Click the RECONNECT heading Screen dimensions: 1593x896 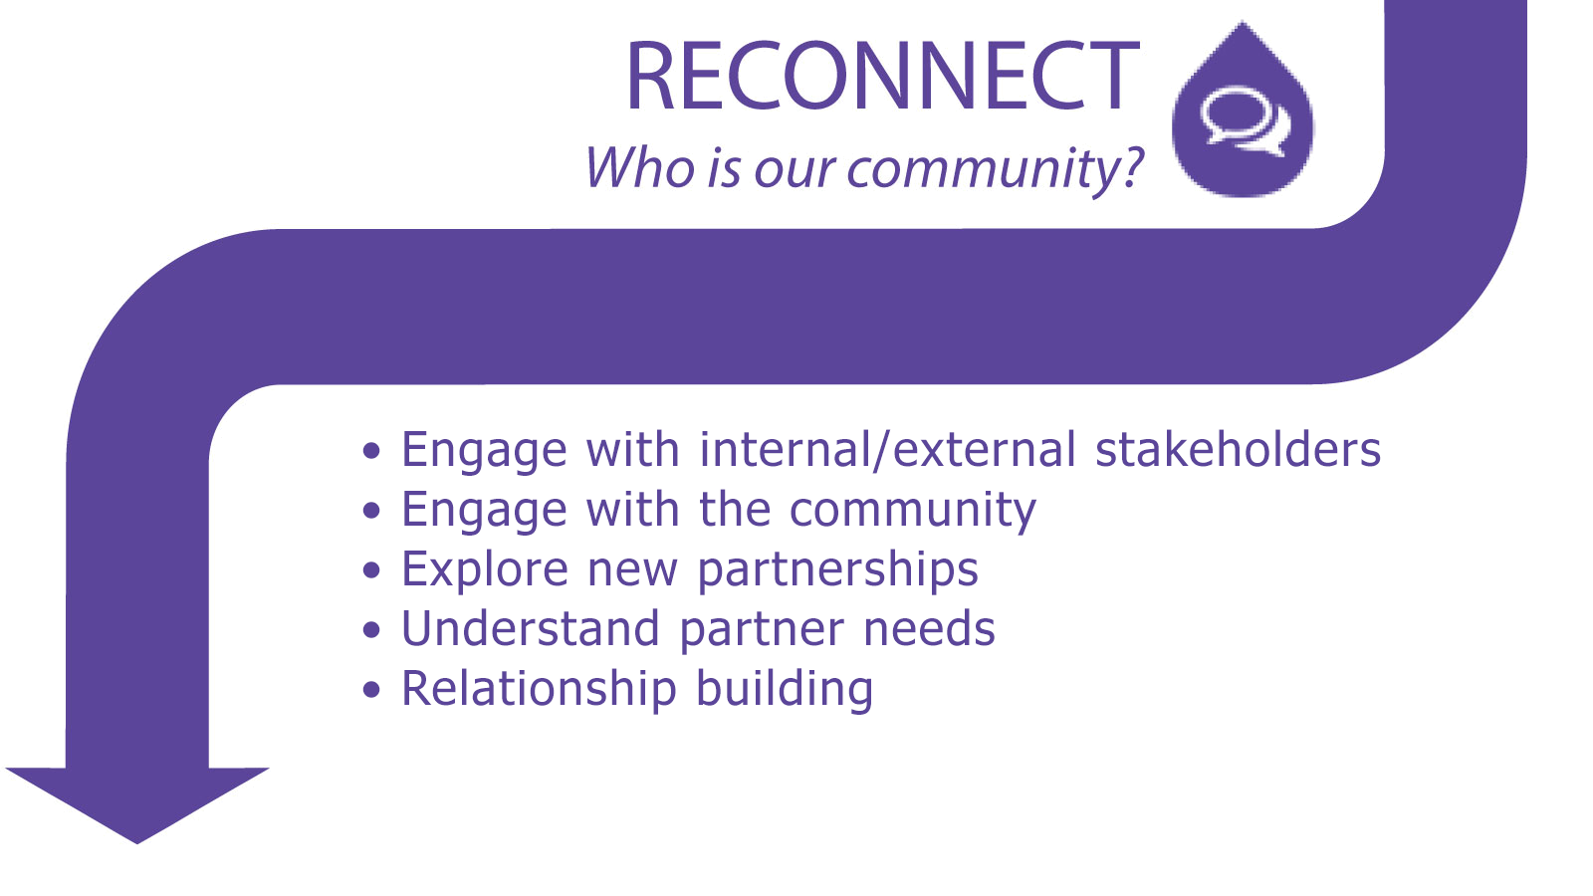click(x=882, y=76)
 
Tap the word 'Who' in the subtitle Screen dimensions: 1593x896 click(x=639, y=167)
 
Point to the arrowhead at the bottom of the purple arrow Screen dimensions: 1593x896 click(x=137, y=803)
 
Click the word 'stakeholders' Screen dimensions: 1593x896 click(x=1238, y=450)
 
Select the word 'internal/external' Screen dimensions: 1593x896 click(x=887, y=450)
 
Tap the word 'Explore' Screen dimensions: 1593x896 click(x=484, y=569)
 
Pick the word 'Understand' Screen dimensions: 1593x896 click(x=531, y=628)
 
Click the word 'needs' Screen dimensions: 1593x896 click(x=929, y=628)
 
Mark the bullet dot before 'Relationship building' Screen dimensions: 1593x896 click(x=371, y=689)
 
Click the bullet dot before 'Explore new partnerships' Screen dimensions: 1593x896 click(x=371, y=569)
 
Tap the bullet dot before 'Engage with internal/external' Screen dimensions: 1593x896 click(x=371, y=450)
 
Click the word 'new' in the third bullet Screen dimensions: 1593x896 click(x=632, y=571)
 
